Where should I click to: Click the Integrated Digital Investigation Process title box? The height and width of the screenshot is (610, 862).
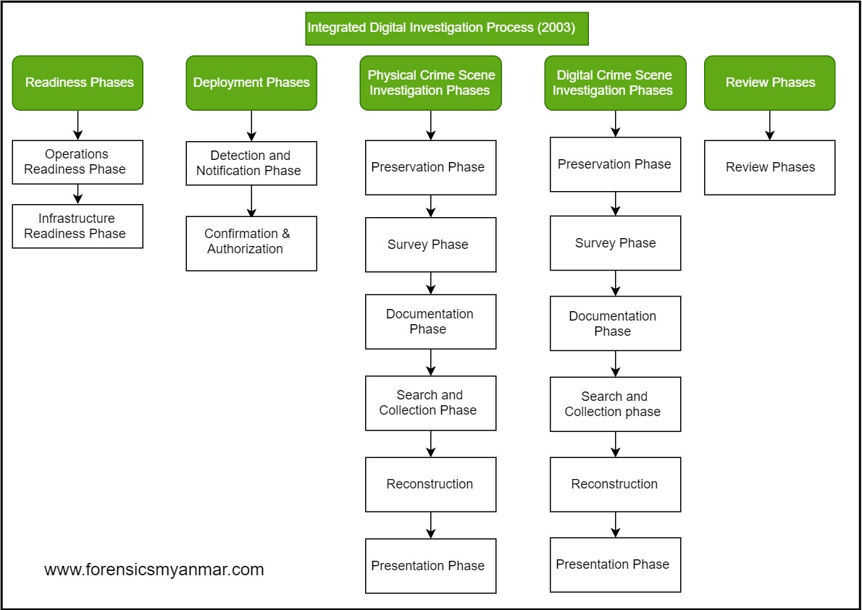[446, 28]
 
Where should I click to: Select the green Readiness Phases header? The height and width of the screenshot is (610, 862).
[78, 82]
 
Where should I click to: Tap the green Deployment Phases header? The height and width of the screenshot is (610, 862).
[251, 82]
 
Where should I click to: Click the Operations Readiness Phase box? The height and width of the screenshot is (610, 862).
[78, 162]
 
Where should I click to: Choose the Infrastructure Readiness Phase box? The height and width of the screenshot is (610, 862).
[78, 226]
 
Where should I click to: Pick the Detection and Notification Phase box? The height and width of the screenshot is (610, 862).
[251, 164]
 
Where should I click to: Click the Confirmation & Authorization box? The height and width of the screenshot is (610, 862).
[251, 243]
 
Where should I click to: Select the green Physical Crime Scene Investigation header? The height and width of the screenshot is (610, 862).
[430, 82]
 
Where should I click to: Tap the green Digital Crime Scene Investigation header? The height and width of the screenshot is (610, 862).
[615, 82]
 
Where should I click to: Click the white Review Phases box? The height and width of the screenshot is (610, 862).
[769, 167]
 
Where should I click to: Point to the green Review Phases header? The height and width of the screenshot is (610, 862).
[769, 82]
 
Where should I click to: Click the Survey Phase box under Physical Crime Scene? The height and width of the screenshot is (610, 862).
[430, 245]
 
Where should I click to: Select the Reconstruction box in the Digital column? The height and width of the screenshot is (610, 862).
[615, 484]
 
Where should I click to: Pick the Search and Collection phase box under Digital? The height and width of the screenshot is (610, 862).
[615, 404]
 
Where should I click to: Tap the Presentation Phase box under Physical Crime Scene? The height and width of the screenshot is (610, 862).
[430, 566]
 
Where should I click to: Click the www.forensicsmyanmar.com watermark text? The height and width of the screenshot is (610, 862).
[154, 569]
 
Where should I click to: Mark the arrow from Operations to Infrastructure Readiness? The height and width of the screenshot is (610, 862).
[78, 194]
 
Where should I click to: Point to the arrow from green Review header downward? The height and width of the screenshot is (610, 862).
[769, 125]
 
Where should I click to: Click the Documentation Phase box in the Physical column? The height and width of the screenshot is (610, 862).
[430, 321]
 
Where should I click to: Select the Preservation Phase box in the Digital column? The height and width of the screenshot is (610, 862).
[615, 164]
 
